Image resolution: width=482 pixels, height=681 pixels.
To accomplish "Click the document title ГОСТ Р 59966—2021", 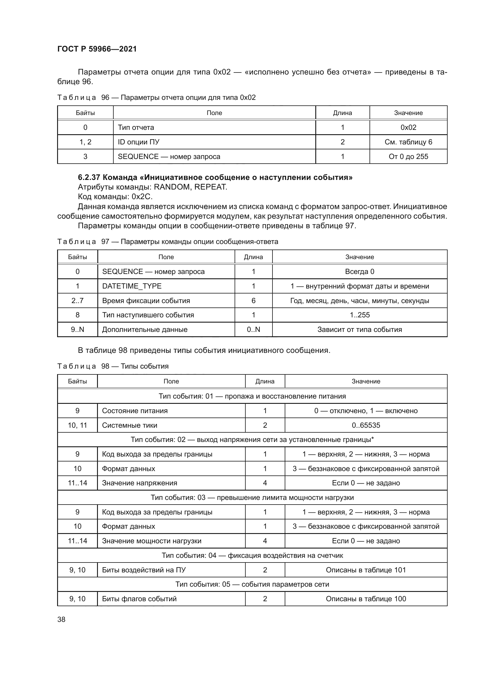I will pos(97,49).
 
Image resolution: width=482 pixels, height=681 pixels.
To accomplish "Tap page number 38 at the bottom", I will pos(61,619).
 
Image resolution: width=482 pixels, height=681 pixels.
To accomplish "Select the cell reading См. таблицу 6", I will pos(408,142).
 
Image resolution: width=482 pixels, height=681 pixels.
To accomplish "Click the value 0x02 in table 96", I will pos(408,128).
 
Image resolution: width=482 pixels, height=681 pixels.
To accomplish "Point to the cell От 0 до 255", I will pos(408,157).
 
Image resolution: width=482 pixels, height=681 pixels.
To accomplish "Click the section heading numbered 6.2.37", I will pos(215,177).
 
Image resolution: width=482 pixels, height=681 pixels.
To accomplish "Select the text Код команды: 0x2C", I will pos(115,197).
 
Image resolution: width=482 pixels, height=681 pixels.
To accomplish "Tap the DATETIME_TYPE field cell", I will pos(132,286).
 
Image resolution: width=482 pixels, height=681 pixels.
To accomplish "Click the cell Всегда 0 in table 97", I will pos(359,272).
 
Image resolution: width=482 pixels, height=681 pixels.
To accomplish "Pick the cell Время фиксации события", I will pos(146,301).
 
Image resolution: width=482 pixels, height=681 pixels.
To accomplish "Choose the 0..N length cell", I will pos(253,330).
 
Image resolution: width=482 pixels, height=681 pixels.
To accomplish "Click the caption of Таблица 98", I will pos(113,366).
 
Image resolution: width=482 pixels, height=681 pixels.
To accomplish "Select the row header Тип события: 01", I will pos(252,396).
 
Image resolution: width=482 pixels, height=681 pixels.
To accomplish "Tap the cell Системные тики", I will pos(129,425).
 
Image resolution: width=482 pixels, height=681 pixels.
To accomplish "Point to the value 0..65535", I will pos(366,425).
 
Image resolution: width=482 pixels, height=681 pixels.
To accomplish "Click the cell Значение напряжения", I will pos(140,483).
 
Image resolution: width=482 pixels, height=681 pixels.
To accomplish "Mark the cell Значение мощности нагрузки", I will pos(152,541).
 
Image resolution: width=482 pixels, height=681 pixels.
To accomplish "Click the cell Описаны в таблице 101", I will pos(366,570).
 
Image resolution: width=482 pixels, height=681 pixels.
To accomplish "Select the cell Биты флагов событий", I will pos(139,599).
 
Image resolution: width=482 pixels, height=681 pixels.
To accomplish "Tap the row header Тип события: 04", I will pos(252,556).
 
